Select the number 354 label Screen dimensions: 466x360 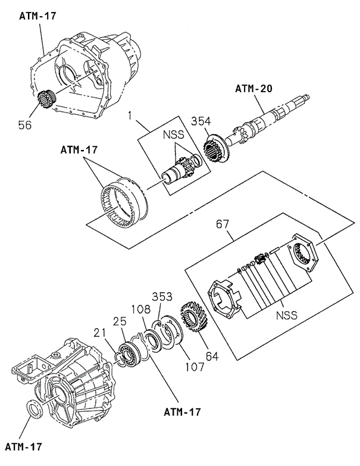click(202, 122)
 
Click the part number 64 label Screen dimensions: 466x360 click(212, 356)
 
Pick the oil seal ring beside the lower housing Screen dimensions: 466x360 click(36, 409)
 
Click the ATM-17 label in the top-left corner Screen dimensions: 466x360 click(37, 16)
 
